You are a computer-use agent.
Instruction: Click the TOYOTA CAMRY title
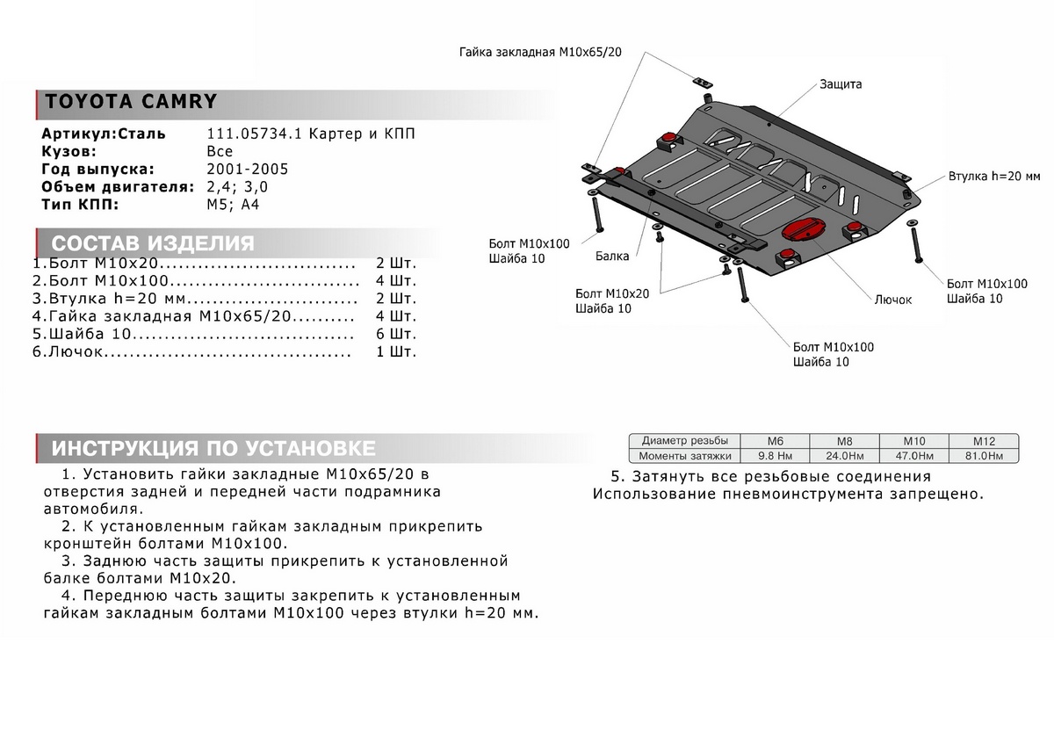pos(130,101)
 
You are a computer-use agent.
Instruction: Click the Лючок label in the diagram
pos(892,300)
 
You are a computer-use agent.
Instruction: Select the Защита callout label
pos(841,84)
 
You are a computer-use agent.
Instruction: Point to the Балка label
pos(611,257)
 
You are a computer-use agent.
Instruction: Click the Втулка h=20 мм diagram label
pos(993,176)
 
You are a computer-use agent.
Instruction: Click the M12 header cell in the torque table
pos(984,441)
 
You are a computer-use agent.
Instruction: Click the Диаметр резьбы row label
pos(684,441)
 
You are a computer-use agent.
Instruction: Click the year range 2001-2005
pos(247,170)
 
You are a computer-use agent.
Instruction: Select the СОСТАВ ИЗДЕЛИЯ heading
pos(153,243)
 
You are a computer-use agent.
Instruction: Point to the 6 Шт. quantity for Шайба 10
pos(395,335)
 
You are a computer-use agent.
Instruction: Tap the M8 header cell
pos(843,441)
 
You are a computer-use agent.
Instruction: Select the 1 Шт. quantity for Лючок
pos(395,352)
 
